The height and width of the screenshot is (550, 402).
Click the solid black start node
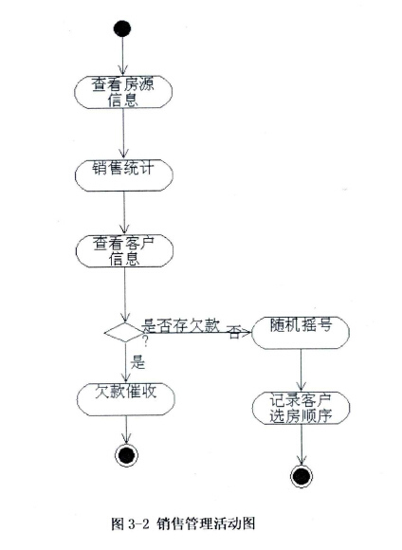[122, 28]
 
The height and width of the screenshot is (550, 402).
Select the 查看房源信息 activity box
[123, 92]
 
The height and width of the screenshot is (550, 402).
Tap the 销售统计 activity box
[124, 175]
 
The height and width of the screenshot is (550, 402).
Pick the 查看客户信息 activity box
[124, 250]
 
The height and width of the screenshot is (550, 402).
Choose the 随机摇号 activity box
[301, 332]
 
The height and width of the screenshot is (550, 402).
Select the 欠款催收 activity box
[126, 399]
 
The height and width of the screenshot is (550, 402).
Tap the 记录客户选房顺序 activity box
[301, 408]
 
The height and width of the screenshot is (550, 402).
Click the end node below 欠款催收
[126, 455]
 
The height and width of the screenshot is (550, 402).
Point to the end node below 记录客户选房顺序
[301, 476]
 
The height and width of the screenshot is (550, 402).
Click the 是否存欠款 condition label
[180, 326]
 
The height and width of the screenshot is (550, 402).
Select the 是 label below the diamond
[137, 361]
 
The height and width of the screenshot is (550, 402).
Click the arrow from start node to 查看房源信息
[122, 56]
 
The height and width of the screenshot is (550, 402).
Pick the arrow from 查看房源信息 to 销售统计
[123, 134]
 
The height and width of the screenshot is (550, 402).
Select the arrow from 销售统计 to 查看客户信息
[124, 212]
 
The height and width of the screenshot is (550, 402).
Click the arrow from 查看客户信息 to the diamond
[124, 295]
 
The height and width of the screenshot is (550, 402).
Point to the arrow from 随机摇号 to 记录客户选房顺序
[301, 370]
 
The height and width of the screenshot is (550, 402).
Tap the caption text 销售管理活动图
[206, 523]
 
